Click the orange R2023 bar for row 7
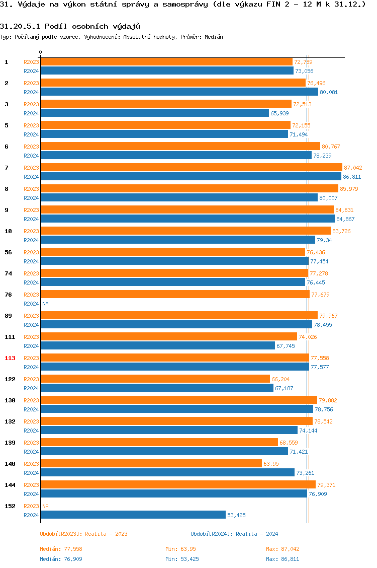click(x=191, y=167)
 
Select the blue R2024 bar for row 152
click(x=133, y=515)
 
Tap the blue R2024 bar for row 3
click(x=155, y=113)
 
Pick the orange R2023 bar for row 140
click(x=151, y=463)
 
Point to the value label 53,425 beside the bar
click(x=236, y=515)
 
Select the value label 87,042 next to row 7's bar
click(x=353, y=168)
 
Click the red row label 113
click(x=10, y=358)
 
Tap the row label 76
click(x=9, y=295)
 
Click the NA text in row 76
click(x=45, y=304)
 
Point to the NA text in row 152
click(x=45, y=506)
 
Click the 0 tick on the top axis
click(x=41, y=52)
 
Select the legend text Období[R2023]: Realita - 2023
click(x=83, y=534)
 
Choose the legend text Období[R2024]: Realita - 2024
click(x=234, y=534)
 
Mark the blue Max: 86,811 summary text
click(x=282, y=559)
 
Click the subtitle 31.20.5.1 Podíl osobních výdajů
click(x=70, y=26)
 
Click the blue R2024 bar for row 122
click(x=157, y=388)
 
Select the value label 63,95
click(x=271, y=464)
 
